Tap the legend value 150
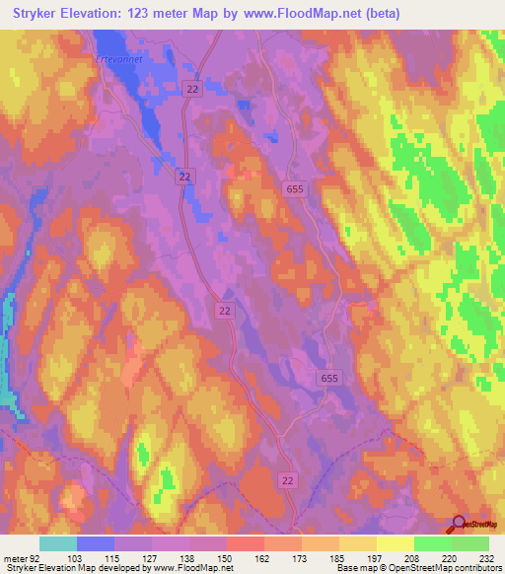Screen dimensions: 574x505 (226, 558)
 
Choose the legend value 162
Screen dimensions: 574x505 (264, 558)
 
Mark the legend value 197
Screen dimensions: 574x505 (376, 558)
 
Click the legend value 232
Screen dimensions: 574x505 (487, 558)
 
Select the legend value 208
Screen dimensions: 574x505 (413, 558)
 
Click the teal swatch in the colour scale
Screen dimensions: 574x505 (57, 543)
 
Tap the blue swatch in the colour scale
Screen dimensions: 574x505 (95, 543)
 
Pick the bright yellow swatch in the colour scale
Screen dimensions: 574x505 (395, 543)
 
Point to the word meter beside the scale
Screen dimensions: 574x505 (15, 558)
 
